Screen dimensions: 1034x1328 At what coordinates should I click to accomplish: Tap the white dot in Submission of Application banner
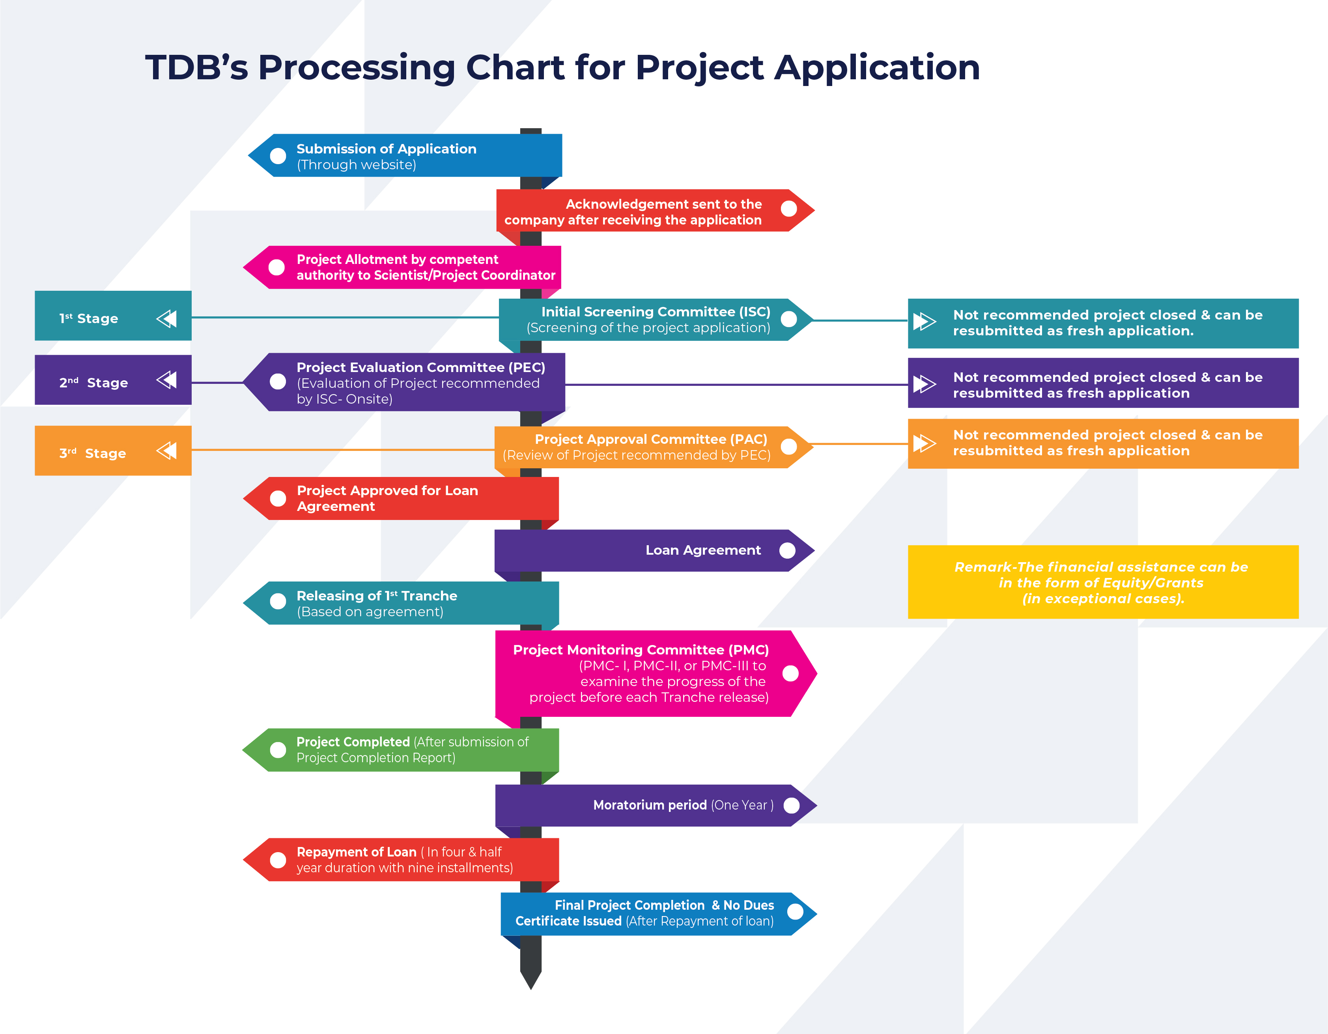tap(278, 156)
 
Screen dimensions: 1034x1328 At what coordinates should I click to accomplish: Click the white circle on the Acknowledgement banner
tap(789, 209)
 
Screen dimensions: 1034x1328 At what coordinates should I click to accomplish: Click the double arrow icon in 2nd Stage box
tap(166, 380)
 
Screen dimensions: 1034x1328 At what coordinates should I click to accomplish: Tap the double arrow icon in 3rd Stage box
tap(166, 451)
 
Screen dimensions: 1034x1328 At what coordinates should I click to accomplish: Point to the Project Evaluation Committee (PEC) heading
tap(421, 367)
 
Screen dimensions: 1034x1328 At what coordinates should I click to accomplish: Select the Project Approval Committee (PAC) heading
tap(651, 439)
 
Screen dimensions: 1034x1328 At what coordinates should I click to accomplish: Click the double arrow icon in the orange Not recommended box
tap(924, 443)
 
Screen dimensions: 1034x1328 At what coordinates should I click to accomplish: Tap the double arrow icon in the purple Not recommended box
tap(924, 384)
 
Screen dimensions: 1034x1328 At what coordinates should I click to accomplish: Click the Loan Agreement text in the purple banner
tap(703, 550)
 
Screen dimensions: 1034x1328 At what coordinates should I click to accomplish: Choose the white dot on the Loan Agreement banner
tap(787, 550)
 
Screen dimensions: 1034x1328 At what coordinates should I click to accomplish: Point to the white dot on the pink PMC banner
tap(790, 673)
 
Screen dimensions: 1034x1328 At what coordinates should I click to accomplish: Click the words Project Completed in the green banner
tap(353, 742)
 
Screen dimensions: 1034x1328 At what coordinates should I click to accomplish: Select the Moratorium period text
tap(649, 805)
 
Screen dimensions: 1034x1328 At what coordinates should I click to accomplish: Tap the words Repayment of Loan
tap(356, 852)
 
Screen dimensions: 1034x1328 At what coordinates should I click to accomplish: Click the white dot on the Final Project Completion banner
tap(795, 912)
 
